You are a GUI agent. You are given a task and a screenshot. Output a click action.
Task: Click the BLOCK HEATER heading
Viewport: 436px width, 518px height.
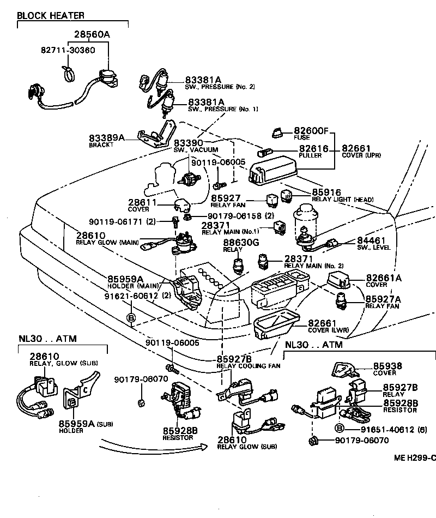click(50, 15)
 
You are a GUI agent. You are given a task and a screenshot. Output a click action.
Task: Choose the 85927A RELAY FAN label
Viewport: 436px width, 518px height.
click(381, 302)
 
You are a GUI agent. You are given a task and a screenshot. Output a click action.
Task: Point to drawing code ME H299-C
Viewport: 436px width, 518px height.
click(415, 457)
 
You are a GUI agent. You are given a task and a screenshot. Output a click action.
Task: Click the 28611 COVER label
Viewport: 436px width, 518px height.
click(142, 205)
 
